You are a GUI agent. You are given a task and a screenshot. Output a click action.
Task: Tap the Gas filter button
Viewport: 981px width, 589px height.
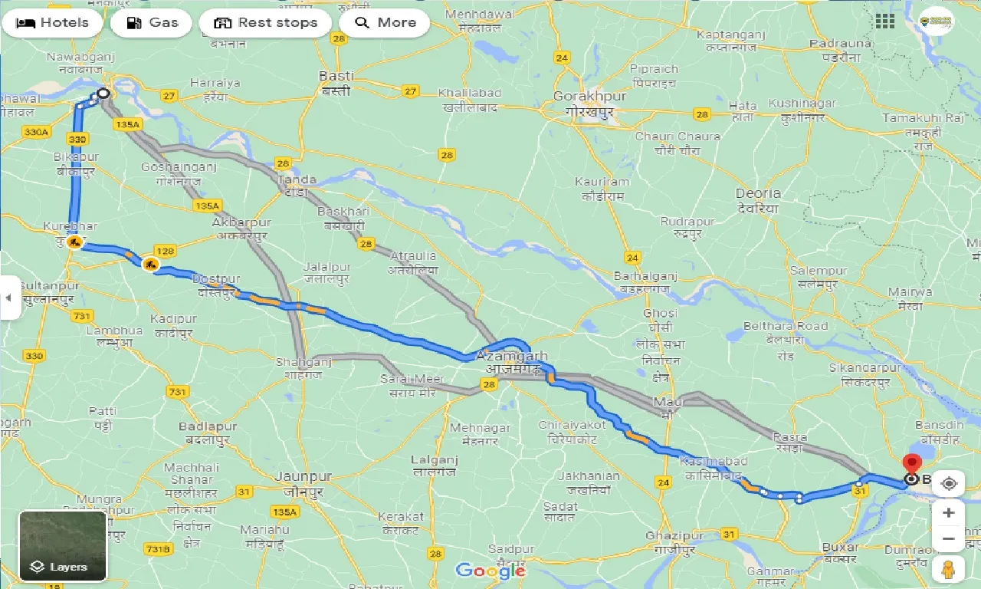152,23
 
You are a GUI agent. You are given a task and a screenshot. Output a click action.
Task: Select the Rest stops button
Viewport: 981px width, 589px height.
265,23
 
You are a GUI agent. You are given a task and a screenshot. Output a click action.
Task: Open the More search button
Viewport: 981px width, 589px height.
385,23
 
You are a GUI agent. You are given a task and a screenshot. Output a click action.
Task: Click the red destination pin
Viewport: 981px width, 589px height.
911,465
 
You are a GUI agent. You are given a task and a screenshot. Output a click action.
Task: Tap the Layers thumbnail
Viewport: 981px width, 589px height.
63,545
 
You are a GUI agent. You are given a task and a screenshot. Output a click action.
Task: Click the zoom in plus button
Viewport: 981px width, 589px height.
949,512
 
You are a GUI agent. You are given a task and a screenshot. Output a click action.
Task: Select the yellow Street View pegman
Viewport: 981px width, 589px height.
949,569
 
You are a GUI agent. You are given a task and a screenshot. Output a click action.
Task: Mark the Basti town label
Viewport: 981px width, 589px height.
336,77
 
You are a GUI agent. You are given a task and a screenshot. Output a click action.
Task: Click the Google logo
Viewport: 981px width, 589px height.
490,571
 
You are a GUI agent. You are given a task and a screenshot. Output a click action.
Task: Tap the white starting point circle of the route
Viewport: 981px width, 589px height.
103,94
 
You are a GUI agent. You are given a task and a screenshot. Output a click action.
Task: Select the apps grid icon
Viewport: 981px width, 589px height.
885,21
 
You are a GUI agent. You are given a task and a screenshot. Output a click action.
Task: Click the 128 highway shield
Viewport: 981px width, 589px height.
165,251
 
